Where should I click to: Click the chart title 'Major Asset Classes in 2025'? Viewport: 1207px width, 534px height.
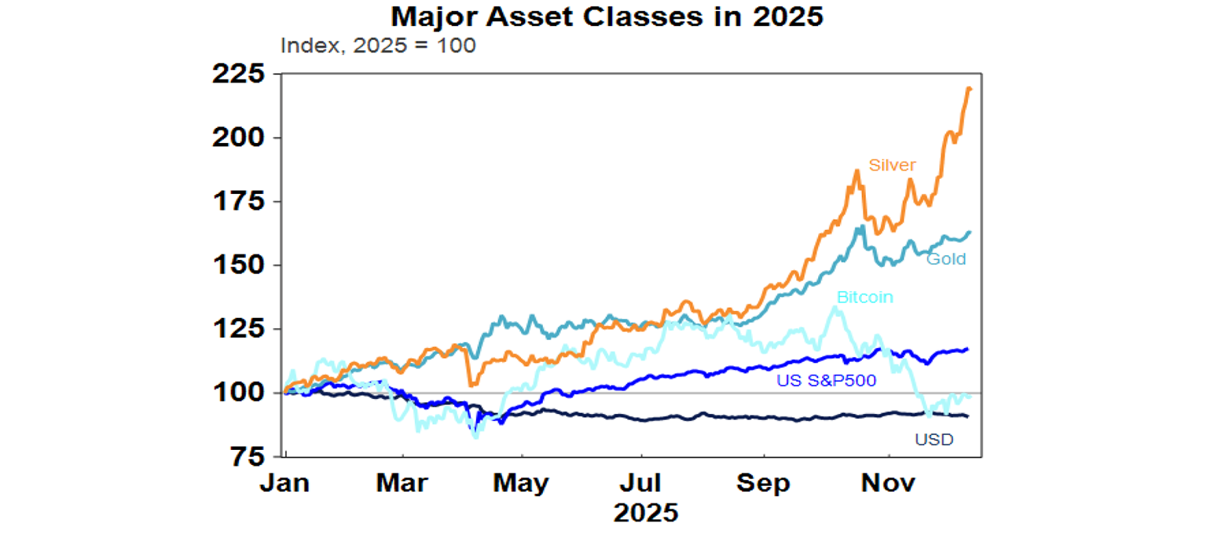(x=607, y=16)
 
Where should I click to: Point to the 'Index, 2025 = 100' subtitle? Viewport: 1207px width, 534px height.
(x=378, y=46)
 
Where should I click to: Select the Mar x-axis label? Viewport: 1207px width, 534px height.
(x=403, y=483)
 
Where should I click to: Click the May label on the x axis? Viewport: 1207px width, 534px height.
(x=521, y=483)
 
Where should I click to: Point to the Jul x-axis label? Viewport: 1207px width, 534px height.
(x=644, y=483)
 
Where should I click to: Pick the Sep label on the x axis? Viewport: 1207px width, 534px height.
(x=764, y=483)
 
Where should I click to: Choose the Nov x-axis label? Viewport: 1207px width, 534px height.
(x=888, y=483)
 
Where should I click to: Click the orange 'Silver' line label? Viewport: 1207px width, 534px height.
(x=893, y=165)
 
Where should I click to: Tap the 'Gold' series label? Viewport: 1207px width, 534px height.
(x=946, y=258)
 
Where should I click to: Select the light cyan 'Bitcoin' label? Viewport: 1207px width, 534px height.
(x=865, y=298)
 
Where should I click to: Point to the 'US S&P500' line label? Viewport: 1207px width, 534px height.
(x=826, y=381)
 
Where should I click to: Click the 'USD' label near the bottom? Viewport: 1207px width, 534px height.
(x=934, y=440)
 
